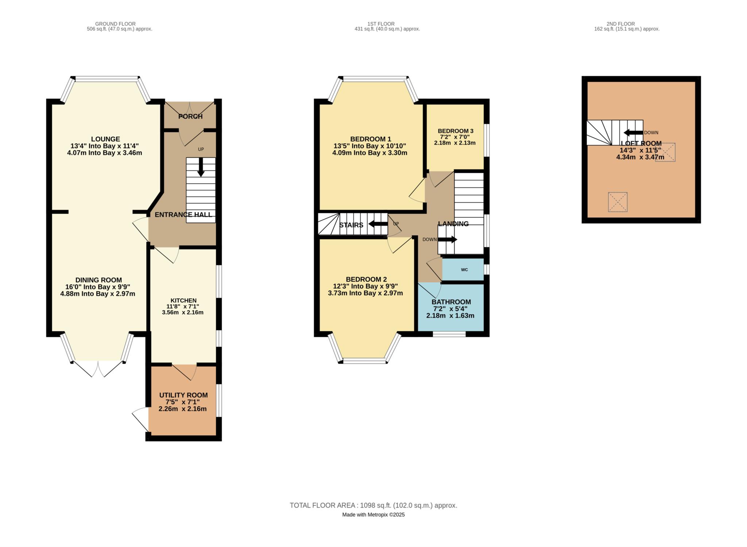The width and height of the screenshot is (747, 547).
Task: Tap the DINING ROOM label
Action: (x=98, y=280)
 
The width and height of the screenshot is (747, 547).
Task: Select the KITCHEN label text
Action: (x=183, y=300)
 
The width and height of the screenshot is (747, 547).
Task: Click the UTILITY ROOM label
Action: (x=183, y=395)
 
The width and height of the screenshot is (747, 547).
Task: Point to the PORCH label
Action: (x=190, y=116)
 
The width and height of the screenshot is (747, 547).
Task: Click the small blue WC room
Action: (x=464, y=270)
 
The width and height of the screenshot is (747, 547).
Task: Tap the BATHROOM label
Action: (x=451, y=302)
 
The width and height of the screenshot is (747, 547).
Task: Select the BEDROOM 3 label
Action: (x=456, y=131)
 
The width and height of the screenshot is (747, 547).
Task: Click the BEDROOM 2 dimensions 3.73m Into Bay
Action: (x=365, y=293)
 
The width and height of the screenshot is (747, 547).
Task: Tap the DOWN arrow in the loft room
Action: (x=633, y=132)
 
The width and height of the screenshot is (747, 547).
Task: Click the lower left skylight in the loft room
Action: (x=618, y=202)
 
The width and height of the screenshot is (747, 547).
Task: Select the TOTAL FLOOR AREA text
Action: (x=373, y=505)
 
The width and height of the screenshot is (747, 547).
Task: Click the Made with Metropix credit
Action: (x=373, y=515)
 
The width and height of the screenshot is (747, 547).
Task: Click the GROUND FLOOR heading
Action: (x=115, y=24)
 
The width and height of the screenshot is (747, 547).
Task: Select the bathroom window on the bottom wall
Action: (x=449, y=334)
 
